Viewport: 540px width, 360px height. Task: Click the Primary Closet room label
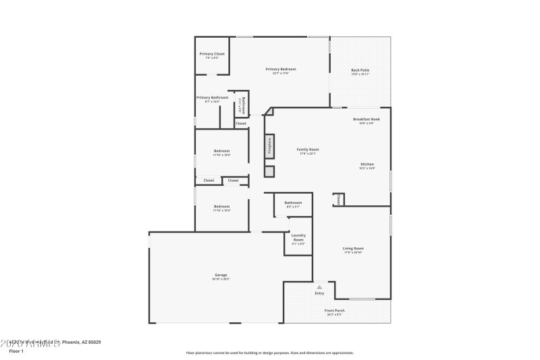tap(212, 54)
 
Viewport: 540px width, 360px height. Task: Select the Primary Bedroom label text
tap(281, 70)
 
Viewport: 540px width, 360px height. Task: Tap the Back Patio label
tap(360, 71)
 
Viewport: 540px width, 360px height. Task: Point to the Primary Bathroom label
tap(213, 98)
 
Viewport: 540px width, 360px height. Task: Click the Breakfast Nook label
tap(367, 120)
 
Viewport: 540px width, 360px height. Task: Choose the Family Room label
tap(308, 150)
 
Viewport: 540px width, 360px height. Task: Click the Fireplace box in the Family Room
tap(269, 147)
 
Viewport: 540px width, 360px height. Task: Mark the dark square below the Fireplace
tap(269, 172)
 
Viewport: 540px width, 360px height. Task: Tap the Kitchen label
tap(367, 165)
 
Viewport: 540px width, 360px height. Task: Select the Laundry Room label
tap(298, 238)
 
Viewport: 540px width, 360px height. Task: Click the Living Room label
tap(353, 249)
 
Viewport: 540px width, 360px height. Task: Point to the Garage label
tap(221, 276)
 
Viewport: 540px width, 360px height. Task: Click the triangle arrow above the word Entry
tap(319, 287)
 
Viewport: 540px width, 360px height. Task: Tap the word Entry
tap(319, 293)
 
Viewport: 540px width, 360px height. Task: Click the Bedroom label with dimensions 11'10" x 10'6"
tap(221, 151)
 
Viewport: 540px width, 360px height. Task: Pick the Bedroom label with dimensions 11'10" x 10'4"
tap(221, 207)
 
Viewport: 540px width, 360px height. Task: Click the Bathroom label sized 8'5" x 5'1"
tap(293, 203)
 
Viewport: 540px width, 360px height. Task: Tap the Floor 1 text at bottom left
tap(16, 351)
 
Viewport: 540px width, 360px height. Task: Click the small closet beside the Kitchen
tap(339, 200)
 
